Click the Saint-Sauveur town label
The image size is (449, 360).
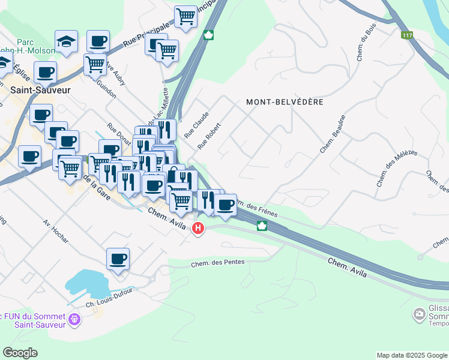coord(40,90)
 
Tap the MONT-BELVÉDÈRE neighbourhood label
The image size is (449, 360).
coord(285,102)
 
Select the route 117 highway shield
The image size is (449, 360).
coord(408,36)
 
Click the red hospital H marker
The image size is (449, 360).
coord(197,229)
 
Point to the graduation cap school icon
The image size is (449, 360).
coord(67,41)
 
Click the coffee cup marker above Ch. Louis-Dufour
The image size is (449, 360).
coord(118,259)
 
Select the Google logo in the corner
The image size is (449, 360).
coord(20,353)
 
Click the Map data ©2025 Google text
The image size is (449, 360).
coord(411,355)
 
